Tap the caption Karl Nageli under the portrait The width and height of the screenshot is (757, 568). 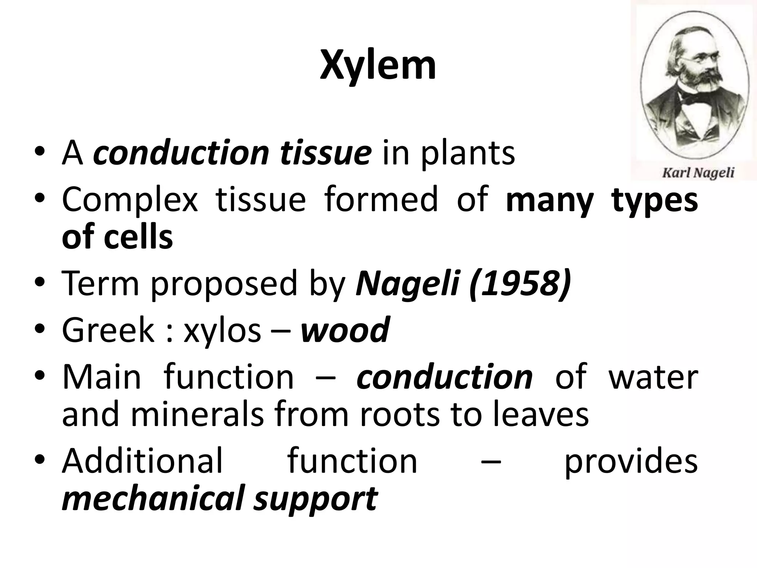pos(698,172)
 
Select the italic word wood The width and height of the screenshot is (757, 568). pos(345,330)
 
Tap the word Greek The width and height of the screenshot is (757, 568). pos(108,330)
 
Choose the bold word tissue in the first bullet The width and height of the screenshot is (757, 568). pos(325,153)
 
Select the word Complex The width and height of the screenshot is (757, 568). pos(130,200)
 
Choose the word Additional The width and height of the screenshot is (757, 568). pos(142,461)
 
